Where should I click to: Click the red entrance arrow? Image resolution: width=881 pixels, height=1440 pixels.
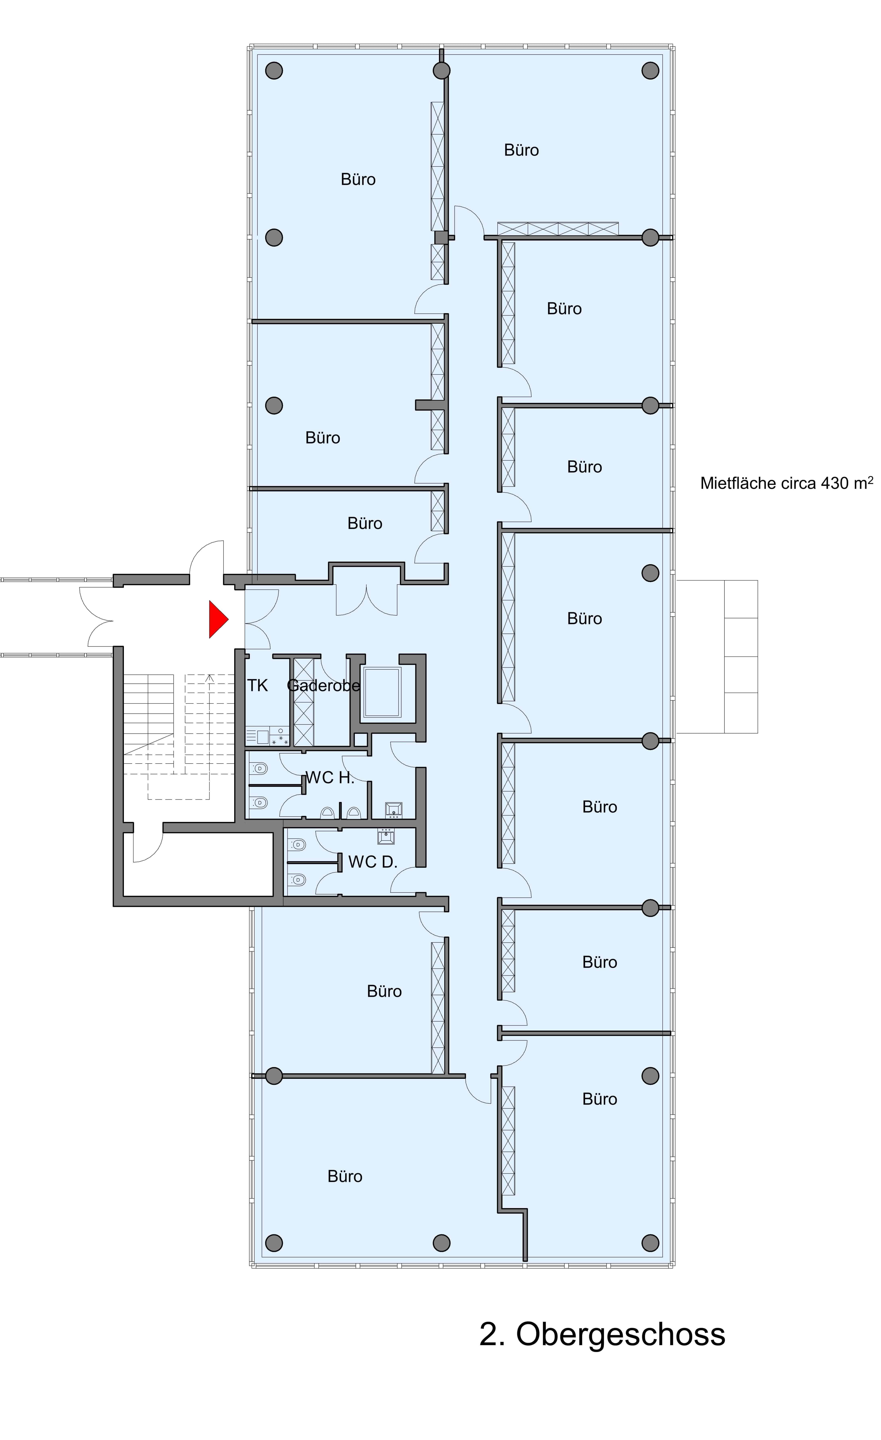coord(217,619)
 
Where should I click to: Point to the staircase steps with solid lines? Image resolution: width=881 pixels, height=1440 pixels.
coord(148,716)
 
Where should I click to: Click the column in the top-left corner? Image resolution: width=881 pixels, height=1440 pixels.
coord(274,71)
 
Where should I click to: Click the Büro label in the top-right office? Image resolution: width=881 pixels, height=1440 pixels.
coord(521,150)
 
